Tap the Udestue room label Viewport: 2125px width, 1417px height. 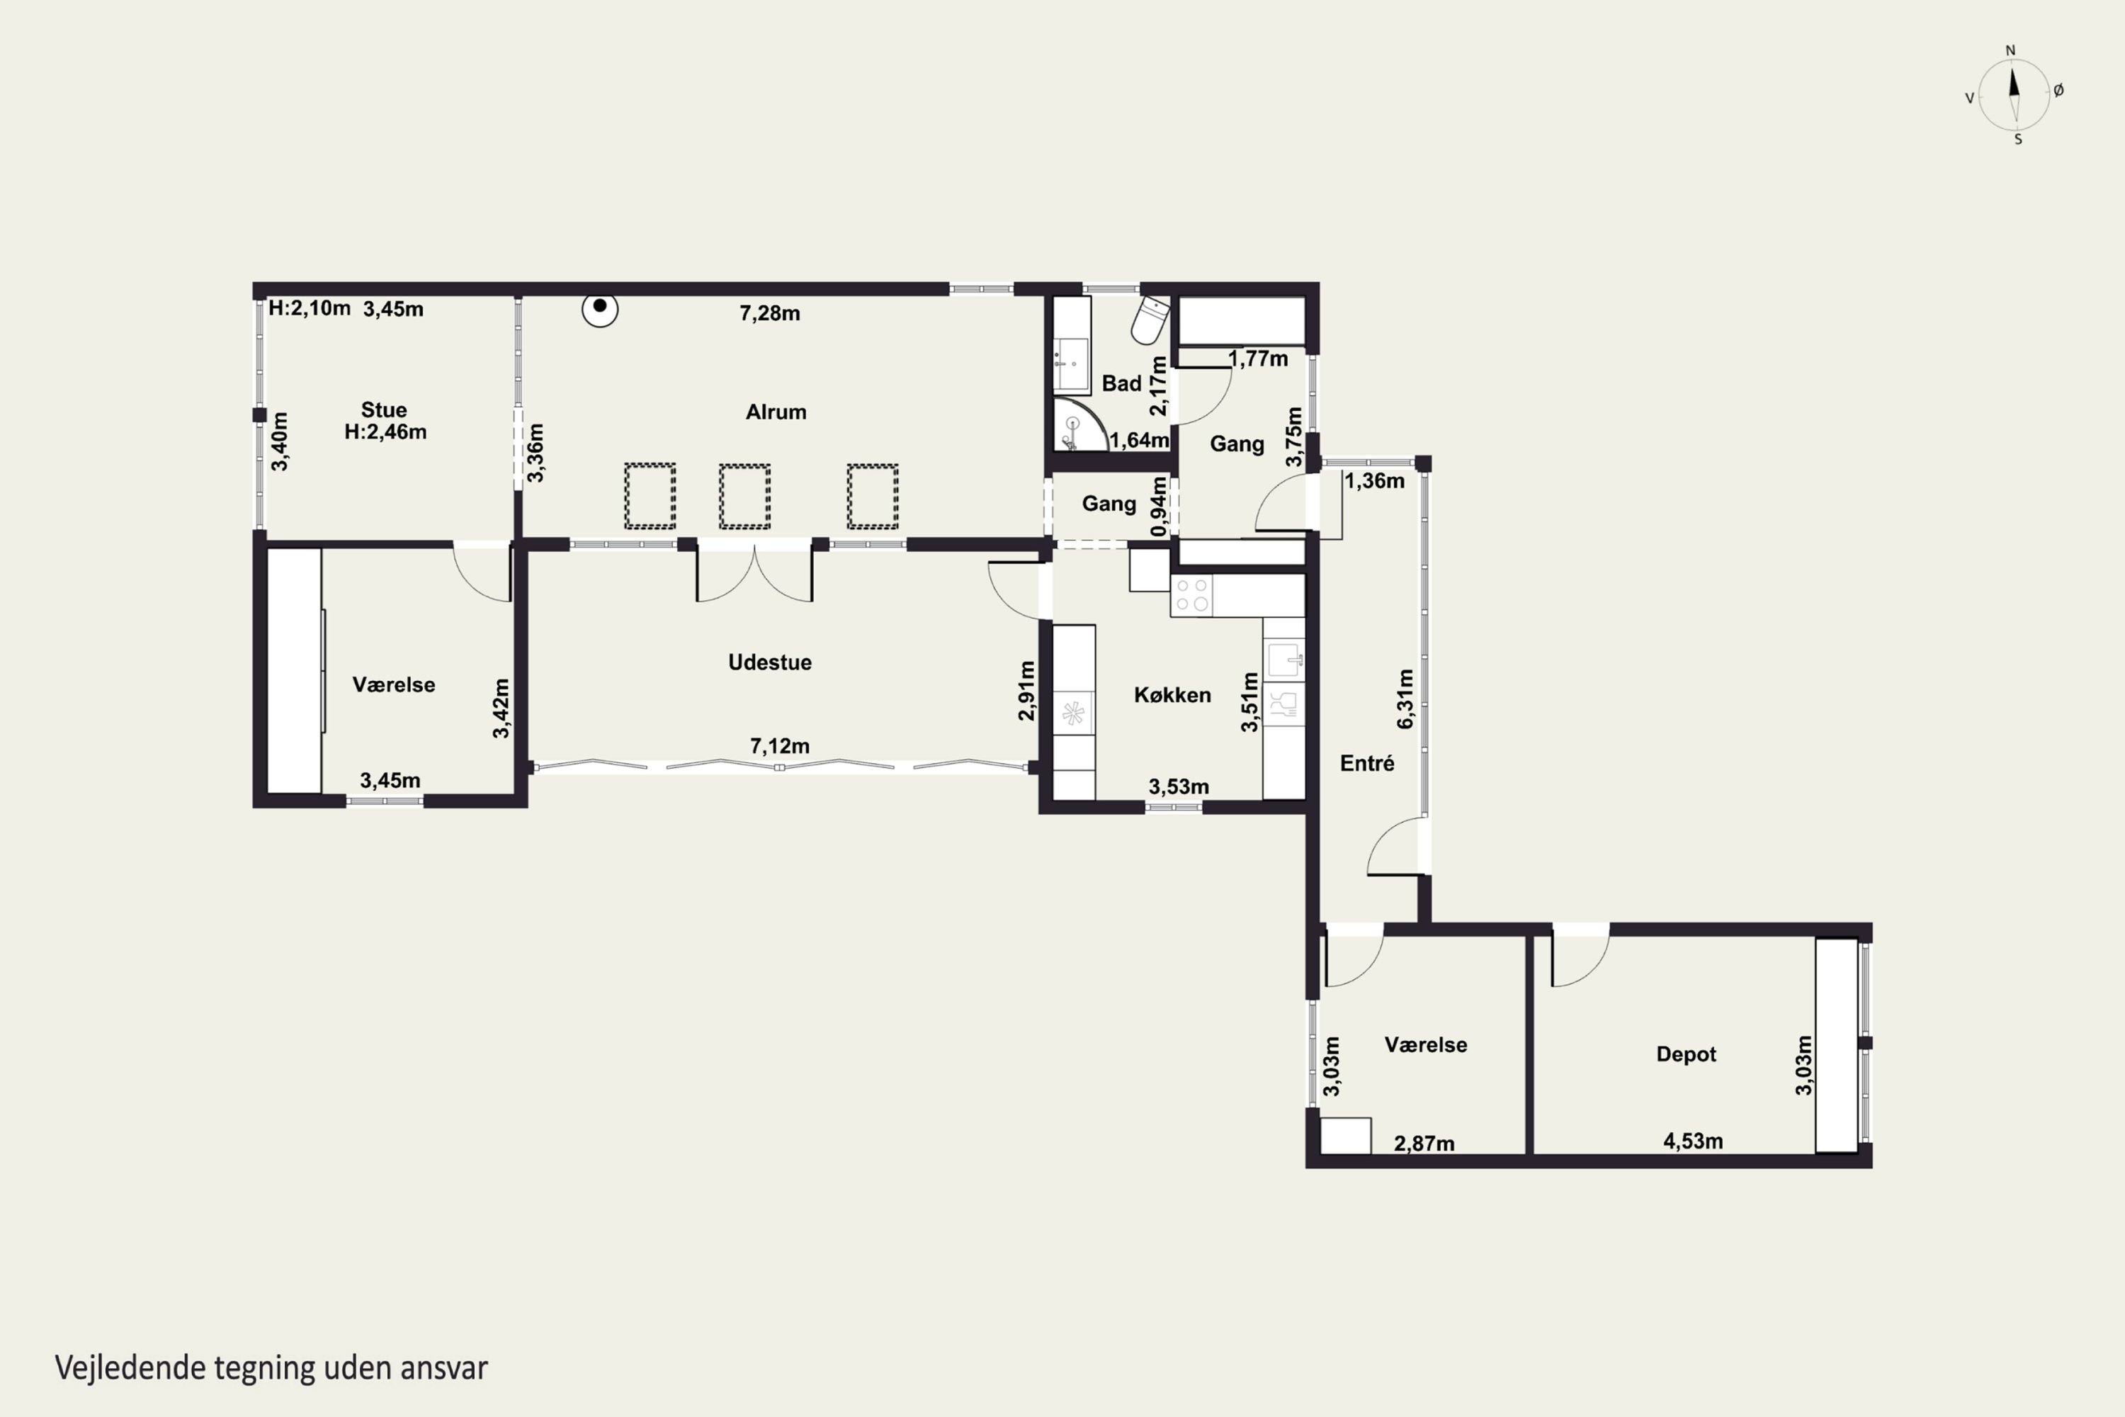coord(770,662)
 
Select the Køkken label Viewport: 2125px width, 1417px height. coord(1172,695)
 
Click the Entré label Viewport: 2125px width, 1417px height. coord(1367,764)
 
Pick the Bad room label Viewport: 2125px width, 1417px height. coord(1121,384)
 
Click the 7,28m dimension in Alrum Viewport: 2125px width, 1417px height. coord(770,314)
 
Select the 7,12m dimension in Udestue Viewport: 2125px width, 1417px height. coord(780,747)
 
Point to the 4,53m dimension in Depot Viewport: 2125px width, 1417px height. coord(1693,1141)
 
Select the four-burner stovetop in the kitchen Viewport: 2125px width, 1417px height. coord(1191,596)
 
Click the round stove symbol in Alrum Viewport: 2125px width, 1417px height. coord(600,309)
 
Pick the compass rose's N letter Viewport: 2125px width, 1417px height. coord(2010,50)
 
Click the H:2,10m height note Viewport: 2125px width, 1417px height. coord(309,308)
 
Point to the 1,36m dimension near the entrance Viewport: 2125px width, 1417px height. coord(1374,481)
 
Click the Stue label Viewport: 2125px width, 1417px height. coord(384,410)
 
